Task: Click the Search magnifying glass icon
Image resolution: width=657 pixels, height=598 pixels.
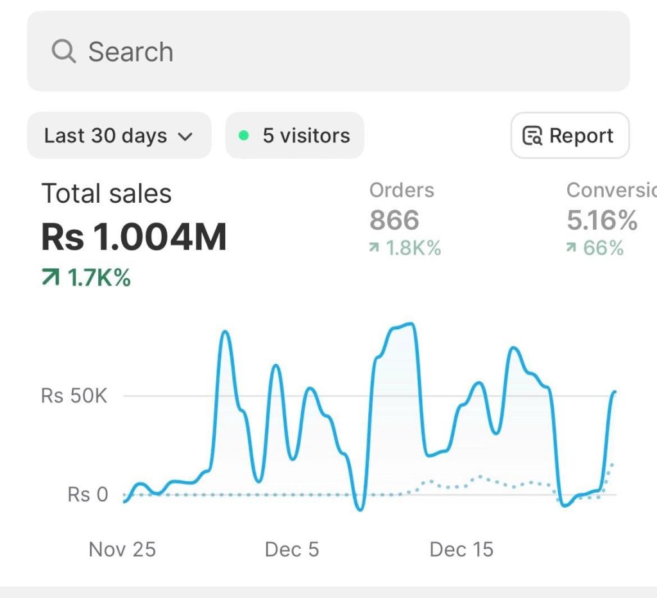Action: [x=64, y=51]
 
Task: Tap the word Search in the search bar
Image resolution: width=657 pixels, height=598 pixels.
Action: [x=131, y=52]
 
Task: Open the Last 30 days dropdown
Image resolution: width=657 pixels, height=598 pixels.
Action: [x=119, y=135]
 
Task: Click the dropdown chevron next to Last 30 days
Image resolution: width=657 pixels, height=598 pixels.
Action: [x=185, y=136]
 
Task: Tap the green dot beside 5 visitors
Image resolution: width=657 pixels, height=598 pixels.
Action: [x=243, y=135]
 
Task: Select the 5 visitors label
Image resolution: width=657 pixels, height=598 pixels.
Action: [x=306, y=135]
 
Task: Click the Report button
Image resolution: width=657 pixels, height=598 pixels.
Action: [x=570, y=135]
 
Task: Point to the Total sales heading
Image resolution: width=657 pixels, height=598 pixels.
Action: [x=107, y=194]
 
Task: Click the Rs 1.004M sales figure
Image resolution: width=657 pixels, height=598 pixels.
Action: [x=134, y=237]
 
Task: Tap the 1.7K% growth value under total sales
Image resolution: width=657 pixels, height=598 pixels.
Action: [x=99, y=278]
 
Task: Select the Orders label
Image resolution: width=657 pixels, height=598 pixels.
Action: [x=402, y=190]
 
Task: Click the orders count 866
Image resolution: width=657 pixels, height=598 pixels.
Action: [x=394, y=220]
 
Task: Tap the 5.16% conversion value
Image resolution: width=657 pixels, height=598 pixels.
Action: [x=602, y=220]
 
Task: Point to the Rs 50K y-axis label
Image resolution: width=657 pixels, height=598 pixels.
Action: [x=74, y=396]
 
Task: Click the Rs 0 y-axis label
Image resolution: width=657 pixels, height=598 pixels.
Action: [x=88, y=495]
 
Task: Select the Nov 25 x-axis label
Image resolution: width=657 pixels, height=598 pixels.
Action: [x=122, y=549]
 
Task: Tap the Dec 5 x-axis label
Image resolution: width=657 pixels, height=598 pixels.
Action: [x=291, y=549]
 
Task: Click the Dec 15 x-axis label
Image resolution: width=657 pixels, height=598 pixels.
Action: [x=461, y=549]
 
